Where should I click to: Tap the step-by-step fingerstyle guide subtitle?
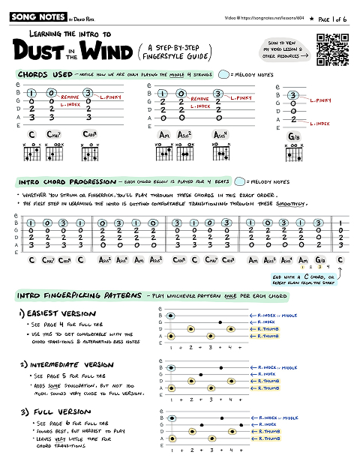[x=176, y=52]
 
